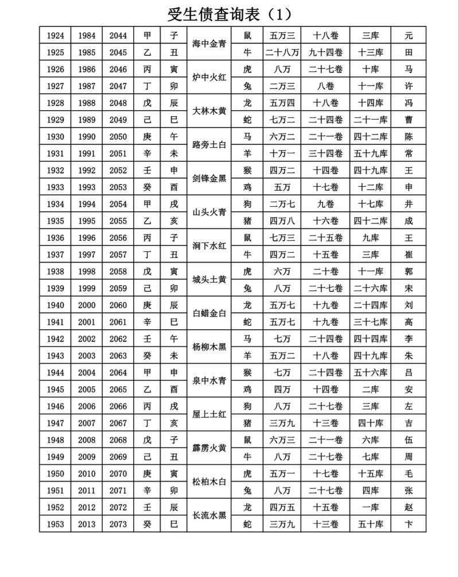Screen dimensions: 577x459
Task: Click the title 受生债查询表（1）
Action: click(229, 12)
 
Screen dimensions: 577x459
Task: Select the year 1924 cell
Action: click(55, 35)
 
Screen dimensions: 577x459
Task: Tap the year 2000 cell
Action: click(87, 306)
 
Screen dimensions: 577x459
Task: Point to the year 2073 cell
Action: click(118, 524)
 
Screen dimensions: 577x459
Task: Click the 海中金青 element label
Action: click(210, 44)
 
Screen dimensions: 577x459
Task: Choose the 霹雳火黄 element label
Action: click(210, 448)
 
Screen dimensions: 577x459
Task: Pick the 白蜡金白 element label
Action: click(210, 314)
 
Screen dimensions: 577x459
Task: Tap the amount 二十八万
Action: click(282, 52)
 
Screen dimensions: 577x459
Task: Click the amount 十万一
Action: click(282, 153)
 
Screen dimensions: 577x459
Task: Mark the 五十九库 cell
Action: click(370, 153)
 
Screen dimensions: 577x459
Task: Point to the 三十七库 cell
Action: click(370, 322)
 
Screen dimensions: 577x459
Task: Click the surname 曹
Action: click(409, 120)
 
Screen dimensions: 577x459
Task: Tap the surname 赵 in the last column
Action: click(409, 507)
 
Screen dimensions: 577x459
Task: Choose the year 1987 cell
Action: click(87, 86)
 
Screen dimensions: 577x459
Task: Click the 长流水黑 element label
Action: click(210, 516)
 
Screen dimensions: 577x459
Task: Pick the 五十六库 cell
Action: click(370, 372)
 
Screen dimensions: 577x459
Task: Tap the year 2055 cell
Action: click(118, 221)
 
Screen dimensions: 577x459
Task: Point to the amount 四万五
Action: click(282, 507)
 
